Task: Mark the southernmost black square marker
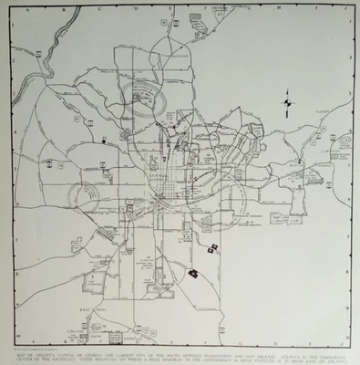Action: click(193, 272)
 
